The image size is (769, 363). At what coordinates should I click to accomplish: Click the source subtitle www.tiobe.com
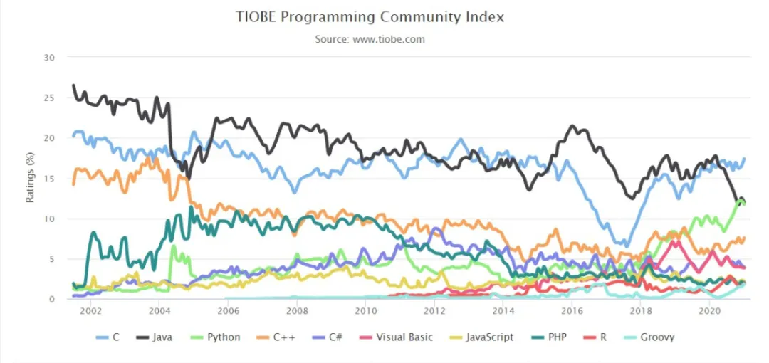pos(370,39)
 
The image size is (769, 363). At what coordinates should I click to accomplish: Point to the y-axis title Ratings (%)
pos(31,177)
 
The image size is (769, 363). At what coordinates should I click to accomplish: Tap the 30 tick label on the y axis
pos(49,58)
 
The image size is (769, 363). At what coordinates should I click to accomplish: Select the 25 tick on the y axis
pos(49,98)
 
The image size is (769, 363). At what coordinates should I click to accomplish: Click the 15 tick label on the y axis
pos(49,179)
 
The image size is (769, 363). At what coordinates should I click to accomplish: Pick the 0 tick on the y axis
pos(52,300)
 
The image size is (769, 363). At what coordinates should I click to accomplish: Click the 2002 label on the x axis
pos(90,311)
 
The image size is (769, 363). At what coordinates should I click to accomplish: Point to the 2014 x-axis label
pos(503,311)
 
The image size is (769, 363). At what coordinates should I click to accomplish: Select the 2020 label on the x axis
pos(709,311)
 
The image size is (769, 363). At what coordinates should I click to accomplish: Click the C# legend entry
pos(329,337)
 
